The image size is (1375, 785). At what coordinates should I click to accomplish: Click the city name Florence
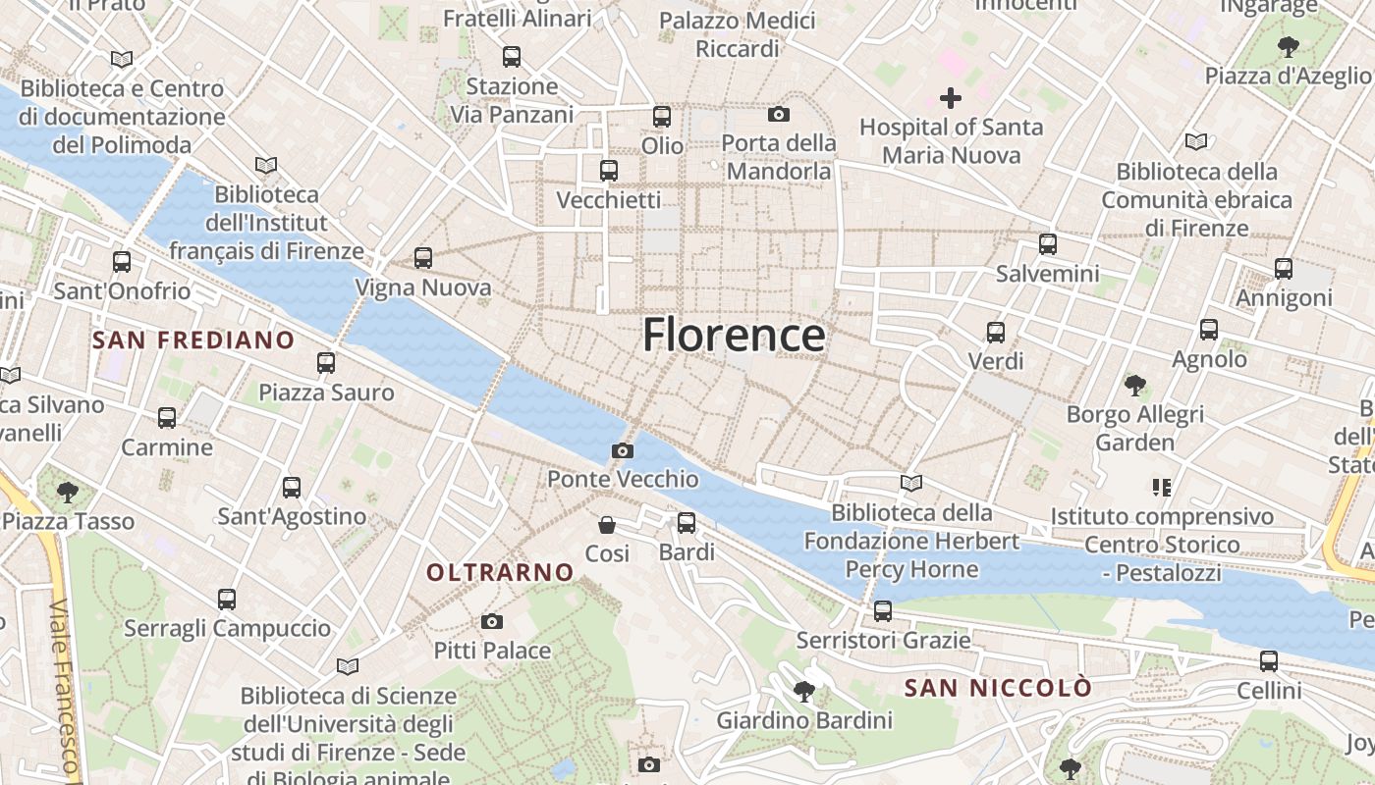pyautogui.click(x=734, y=335)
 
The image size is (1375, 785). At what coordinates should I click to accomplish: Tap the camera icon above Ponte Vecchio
pyautogui.click(x=622, y=451)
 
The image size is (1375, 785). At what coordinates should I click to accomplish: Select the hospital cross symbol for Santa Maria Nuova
pyautogui.click(x=950, y=97)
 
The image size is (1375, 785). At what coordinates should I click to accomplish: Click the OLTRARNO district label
pyautogui.click(x=500, y=571)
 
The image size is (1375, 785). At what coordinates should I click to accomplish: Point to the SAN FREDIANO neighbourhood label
pyautogui.click(x=192, y=340)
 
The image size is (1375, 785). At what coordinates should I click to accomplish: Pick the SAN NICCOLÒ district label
pyautogui.click(x=997, y=688)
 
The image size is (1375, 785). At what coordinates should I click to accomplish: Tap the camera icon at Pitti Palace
pyautogui.click(x=492, y=621)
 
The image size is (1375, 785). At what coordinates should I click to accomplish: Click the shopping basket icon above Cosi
pyautogui.click(x=607, y=525)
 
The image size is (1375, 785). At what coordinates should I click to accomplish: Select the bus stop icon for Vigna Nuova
pyautogui.click(x=423, y=258)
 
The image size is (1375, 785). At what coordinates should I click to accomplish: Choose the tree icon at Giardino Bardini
pyautogui.click(x=803, y=692)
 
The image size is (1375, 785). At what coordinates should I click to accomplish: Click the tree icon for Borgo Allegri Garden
pyautogui.click(x=1135, y=385)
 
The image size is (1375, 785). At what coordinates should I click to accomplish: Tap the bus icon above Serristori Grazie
pyautogui.click(x=883, y=611)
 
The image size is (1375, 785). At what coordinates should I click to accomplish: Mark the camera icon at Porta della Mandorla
pyautogui.click(x=779, y=115)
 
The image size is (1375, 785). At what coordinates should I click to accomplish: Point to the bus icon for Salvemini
pyautogui.click(x=1048, y=244)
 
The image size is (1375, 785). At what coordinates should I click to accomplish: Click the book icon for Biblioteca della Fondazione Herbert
pyautogui.click(x=911, y=483)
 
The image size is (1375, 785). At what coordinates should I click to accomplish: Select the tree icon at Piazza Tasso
pyautogui.click(x=67, y=492)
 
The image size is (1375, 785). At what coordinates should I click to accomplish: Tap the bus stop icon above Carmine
pyautogui.click(x=167, y=418)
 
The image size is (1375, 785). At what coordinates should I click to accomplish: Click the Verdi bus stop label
pyautogui.click(x=996, y=361)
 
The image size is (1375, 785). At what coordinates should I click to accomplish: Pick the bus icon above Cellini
pyautogui.click(x=1269, y=661)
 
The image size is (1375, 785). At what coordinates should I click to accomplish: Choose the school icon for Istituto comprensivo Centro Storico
pyautogui.click(x=1162, y=487)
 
